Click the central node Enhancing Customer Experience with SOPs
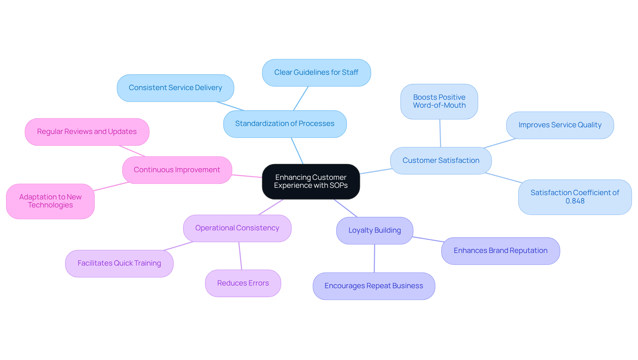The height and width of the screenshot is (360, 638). pyautogui.click(x=311, y=181)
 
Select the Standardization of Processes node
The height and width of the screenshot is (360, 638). pyautogui.click(x=285, y=124)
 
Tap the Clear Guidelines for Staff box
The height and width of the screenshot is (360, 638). pyautogui.click(x=316, y=72)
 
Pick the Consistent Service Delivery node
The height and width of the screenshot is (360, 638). pyautogui.click(x=175, y=88)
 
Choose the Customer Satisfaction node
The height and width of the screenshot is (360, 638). pyautogui.click(x=441, y=161)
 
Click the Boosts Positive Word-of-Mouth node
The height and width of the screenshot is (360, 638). pyautogui.click(x=439, y=101)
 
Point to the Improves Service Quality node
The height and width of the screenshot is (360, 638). pyautogui.click(x=560, y=125)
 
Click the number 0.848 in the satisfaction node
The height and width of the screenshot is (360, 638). pyautogui.click(x=575, y=201)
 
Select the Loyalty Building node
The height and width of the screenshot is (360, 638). pyautogui.click(x=374, y=230)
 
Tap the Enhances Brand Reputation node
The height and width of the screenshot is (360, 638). pyautogui.click(x=500, y=251)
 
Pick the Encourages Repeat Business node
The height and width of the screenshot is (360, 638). pyautogui.click(x=373, y=286)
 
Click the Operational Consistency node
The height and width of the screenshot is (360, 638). pyautogui.click(x=237, y=228)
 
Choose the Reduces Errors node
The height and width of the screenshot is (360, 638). pyautogui.click(x=243, y=283)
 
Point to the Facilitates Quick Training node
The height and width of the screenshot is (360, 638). pyautogui.click(x=119, y=263)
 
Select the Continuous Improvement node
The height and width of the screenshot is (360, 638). pyautogui.click(x=177, y=170)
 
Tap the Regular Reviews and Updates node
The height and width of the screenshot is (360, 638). pyautogui.click(x=87, y=132)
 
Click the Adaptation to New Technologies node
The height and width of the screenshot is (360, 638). pyautogui.click(x=50, y=201)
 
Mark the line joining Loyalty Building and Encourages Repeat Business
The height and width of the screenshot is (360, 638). pyautogui.click(x=374, y=258)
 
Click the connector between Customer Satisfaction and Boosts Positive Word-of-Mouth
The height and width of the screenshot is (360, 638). pyautogui.click(x=440, y=133)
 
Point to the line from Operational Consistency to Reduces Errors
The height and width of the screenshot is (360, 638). pyautogui.click(x=240, y=256)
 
